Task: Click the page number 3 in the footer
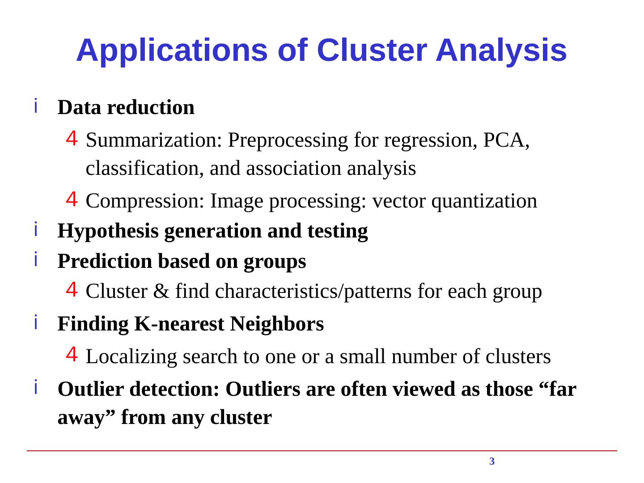pyautogui.click(x=492, y=462)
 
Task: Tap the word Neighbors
pyautogui.click(x=277, y=324)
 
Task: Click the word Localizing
pyautogui.click(x=131, y=357)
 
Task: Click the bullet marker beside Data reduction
pyautogui.click(x=35, y=106)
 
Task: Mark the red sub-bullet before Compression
pyautogui.click(x=72, y=199)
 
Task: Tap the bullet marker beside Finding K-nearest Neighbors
pyautogui.click(x=35, y=322)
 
